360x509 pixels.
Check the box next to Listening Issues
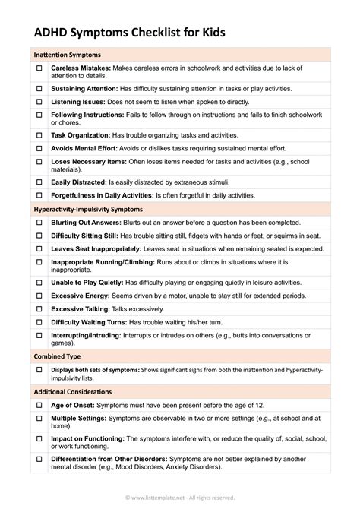(39, 101)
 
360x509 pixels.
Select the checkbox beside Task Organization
(39, 134)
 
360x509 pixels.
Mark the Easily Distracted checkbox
(39, 182)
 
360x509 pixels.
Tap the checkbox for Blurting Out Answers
(39, 222)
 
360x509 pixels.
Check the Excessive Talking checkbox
(39, 309)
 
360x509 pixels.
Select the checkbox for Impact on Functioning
(39, 439)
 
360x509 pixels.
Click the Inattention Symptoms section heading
(68, 55)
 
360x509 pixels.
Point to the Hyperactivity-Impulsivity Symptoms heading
(88, 208)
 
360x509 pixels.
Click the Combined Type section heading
(57, 356)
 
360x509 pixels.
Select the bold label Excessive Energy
(77, 296)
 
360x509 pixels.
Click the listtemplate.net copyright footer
(179, 498)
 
